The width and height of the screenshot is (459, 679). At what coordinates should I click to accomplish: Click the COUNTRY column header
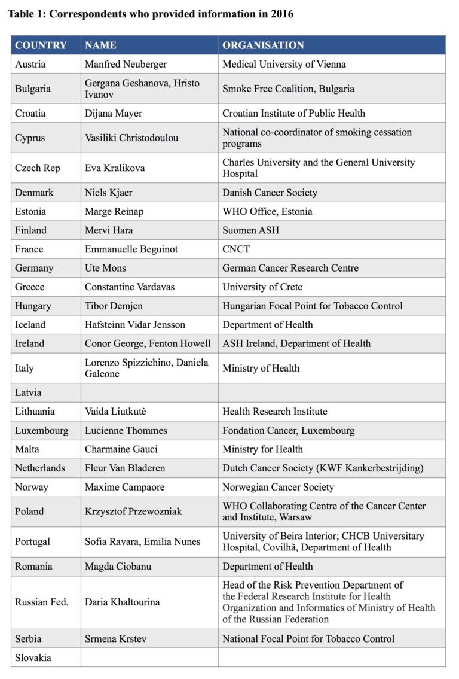(41, 45)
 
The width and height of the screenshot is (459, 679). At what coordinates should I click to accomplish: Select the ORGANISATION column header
(263, 45)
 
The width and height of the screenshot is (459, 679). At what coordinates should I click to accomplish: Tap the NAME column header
(100, 45)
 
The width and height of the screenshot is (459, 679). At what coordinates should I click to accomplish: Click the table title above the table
(151, 13)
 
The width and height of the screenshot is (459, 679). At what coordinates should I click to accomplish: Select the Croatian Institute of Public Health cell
(293, 113)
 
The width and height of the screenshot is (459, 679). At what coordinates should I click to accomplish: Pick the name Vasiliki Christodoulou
(131, 138)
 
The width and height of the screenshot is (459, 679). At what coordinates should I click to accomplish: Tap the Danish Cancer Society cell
(270, 193)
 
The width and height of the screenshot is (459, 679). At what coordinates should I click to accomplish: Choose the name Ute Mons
(106, 268)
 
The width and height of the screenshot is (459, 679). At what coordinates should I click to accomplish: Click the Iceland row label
(30, 324)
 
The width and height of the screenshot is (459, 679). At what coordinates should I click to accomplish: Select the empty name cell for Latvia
(149, 393)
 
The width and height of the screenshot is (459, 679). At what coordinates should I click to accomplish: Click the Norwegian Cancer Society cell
(278, 487)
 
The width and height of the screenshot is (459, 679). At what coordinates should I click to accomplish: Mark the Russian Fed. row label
(42, 602)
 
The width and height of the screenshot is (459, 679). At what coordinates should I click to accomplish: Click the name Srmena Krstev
(115, 639)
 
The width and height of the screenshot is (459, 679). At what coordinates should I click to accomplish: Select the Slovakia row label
(33, 657)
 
